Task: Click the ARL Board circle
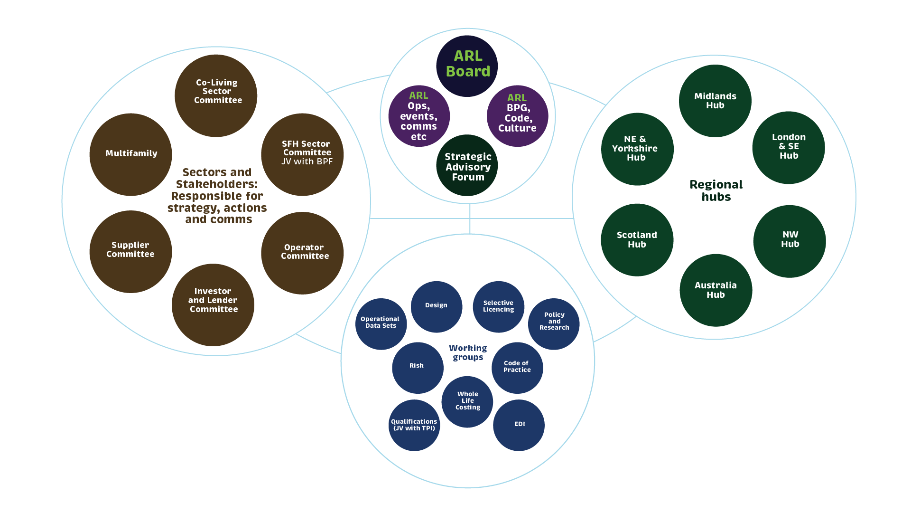tap(467, 66)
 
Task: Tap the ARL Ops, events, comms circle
tap(419, 116)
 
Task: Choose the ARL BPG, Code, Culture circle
tap(517, 116)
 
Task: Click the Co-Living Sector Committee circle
tap(216, 95)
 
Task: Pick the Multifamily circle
tap(130, 154)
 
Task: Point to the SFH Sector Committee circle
tap(302, 154)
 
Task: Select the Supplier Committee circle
tap(130, 251)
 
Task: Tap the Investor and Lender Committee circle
tap(213, 304)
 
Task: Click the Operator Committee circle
tap(302, 253)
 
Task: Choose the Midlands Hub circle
tap(715, 101)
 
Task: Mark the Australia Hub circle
tap(716, 290)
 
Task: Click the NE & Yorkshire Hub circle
tap(637, 149)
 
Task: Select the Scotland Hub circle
tap(637, 240)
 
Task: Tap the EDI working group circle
tap(519, 425)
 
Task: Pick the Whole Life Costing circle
tap(467, 402)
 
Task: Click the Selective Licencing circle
tap(498, 306)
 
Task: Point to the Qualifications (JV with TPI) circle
tap(414, 425)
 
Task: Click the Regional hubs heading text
tap(716, 190)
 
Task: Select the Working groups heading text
tap(468, 352)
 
